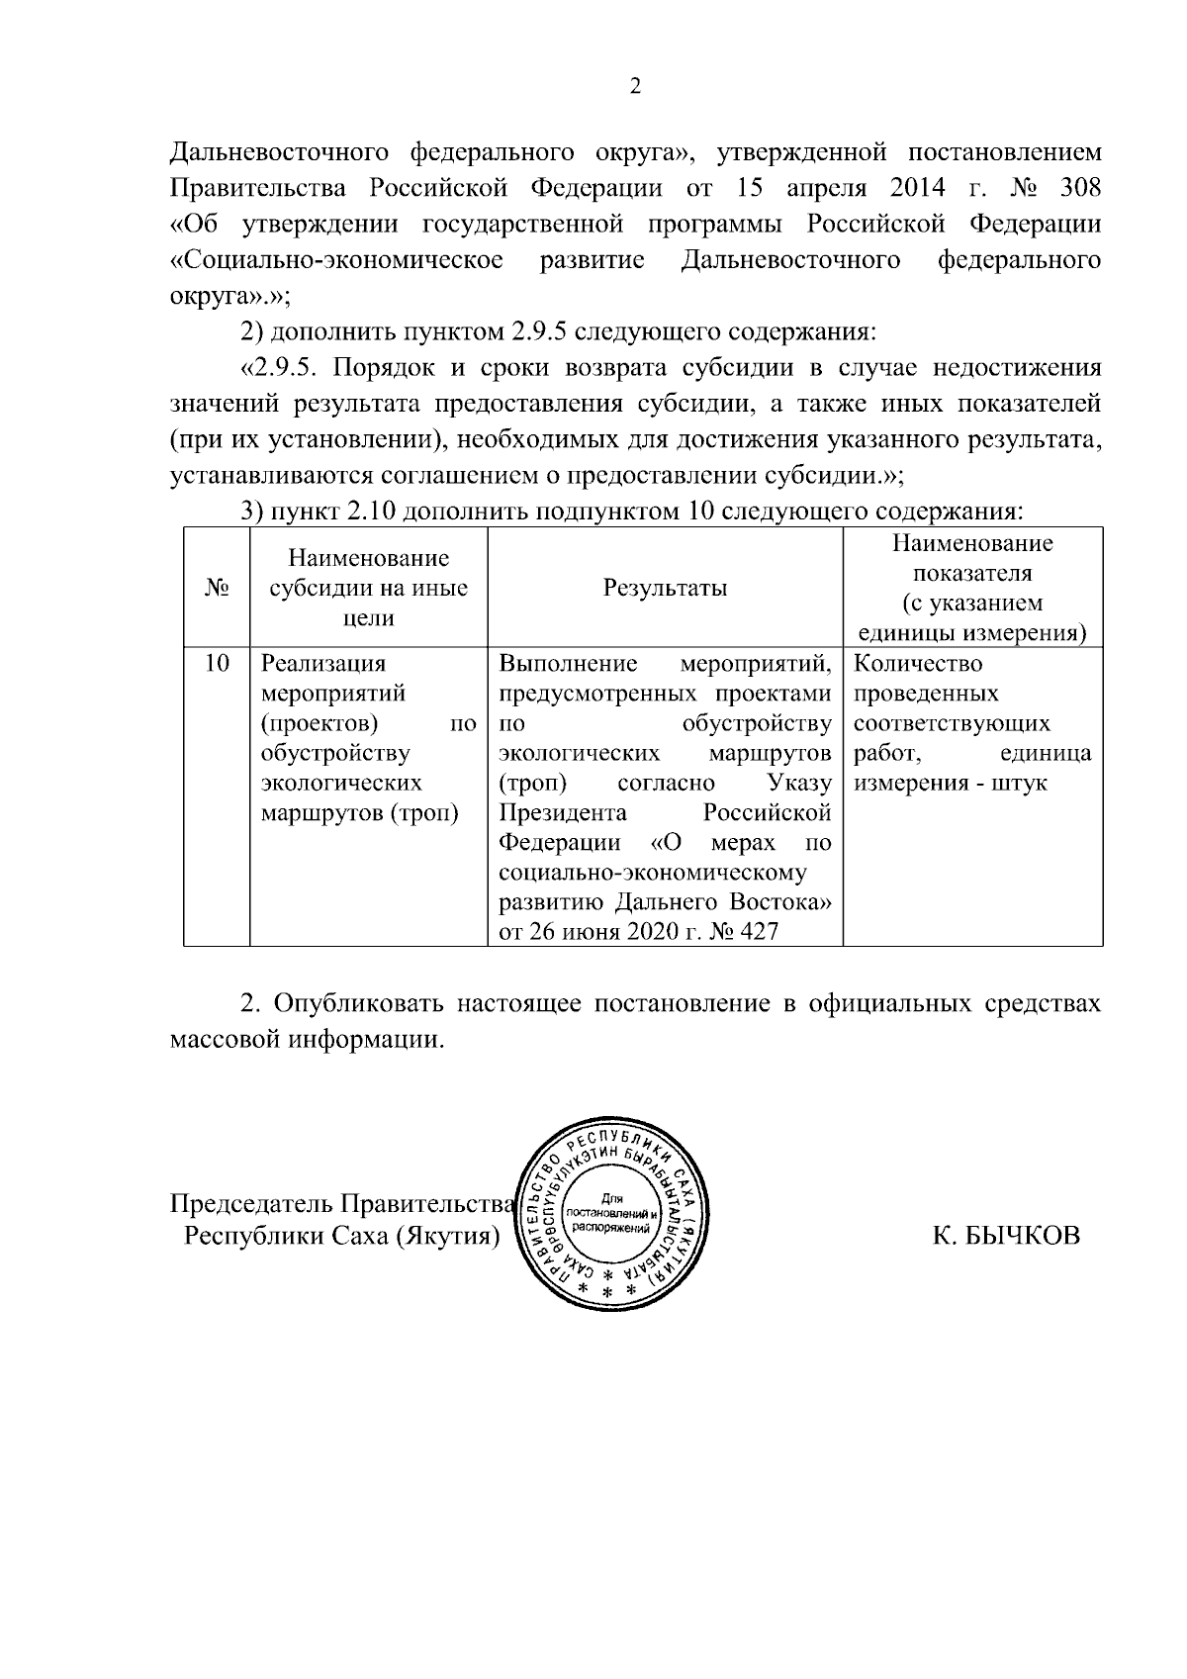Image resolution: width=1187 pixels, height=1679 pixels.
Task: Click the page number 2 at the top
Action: click(636, 87)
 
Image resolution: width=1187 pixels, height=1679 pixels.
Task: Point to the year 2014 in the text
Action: click(917, 188)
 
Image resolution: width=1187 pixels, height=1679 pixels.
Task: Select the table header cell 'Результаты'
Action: click(665, 588)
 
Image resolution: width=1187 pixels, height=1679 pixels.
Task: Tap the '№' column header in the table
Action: click(217, 588)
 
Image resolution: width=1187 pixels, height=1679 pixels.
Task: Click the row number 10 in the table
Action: click(217, 663)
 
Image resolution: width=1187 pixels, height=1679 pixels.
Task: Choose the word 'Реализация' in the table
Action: click(322, 663)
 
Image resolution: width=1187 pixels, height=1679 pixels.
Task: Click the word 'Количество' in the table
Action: click(918, 663)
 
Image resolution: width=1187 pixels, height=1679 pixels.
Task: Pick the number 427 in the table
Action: click(758, 932)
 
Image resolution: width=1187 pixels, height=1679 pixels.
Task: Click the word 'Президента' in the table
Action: click(563, 813)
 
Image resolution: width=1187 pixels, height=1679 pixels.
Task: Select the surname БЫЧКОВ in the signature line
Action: click(1020, 1235)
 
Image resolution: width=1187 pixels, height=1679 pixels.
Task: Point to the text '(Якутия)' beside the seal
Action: click(447, 1237)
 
